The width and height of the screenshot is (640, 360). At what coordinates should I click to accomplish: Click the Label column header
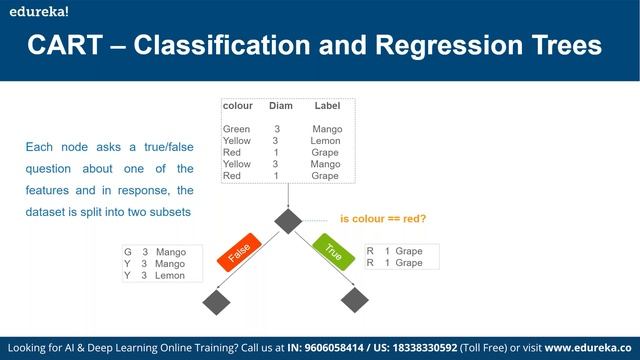[x=328, y=105]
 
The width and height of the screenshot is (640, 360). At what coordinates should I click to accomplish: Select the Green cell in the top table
[x=237, y=129]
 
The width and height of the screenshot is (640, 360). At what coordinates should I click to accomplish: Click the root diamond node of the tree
[x=289, y=220]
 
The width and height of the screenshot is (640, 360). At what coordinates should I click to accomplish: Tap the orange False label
[x=239, y=254]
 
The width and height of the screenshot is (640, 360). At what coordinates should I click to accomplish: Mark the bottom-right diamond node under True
[x=355, y=300]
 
